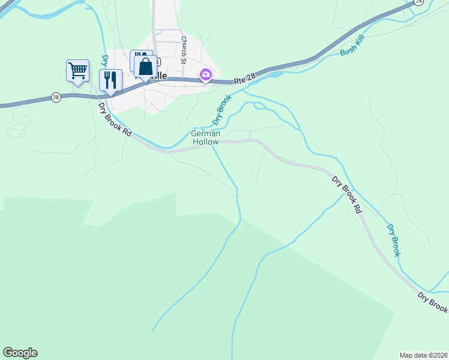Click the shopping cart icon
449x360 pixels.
[77, 70]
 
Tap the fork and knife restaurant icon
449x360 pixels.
[110, 80]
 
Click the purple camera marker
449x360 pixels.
[206, 74]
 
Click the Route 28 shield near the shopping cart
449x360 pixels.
[56, 97]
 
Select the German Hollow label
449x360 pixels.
[206, 137]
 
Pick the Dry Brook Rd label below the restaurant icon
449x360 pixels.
[115, 119]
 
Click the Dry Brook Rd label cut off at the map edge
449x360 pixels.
[433, 302]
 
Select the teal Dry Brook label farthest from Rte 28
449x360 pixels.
[393, 241]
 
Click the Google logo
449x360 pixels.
[20, 353]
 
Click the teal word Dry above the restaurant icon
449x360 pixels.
[104, 61]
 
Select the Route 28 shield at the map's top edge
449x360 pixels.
[419, 2]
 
